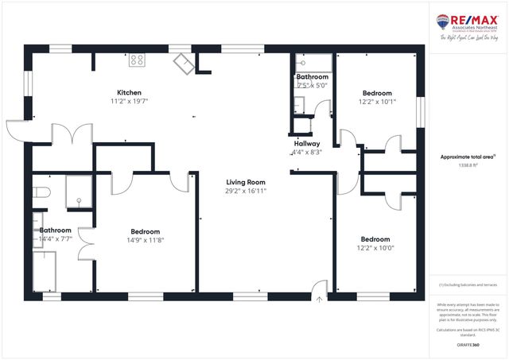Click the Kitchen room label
point(130,91)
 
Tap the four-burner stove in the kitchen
point(137,59)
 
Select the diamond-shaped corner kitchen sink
point(184,64)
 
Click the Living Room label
point(245,182)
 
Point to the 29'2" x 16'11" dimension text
point(245,191)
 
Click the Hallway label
point(307,144)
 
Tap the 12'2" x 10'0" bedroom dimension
point(375,248)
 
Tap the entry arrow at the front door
point(319,300)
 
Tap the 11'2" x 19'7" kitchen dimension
point(130,101)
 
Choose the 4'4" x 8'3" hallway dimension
point(307,152)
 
